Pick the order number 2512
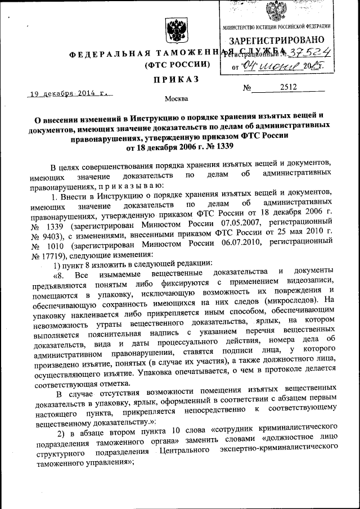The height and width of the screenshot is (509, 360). click(287, 87)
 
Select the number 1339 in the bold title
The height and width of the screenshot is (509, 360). click(220, 146)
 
